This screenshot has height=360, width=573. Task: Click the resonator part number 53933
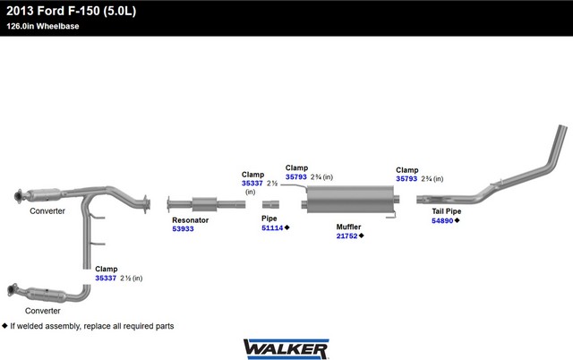click(183, 228)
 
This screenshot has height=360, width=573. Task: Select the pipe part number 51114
click(272, 227)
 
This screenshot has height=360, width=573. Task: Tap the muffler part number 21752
click(346, 236)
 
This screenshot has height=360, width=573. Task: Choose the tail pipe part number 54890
click(442, 220)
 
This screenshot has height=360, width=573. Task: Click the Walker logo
click(286, 349)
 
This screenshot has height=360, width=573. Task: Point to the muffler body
click(350, 199)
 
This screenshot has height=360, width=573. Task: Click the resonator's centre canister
click(204, 204)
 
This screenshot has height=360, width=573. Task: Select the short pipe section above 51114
click(270, 204)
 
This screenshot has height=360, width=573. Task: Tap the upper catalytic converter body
click(44, 195)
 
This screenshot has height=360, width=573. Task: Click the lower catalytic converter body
click(47, 295)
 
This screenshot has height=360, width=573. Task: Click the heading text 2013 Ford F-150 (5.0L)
click(72, 11)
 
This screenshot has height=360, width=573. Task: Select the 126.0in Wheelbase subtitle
click(43, 26)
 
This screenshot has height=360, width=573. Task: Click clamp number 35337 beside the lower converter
click(106, 279)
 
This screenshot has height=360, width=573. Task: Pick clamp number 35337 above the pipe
click(252, 183)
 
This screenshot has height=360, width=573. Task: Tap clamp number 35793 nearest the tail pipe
click(406, 179)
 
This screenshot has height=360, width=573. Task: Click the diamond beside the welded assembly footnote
click(4, 325)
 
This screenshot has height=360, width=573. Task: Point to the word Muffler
click(348, 227)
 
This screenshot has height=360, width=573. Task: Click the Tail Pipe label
click(447, 210)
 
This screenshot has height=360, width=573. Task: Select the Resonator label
click(191, 220)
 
